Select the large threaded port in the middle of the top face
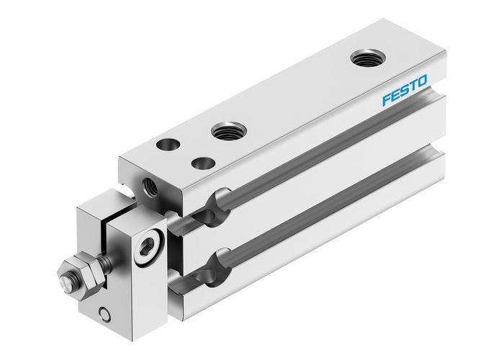click(228, 132)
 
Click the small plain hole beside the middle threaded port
click(205, 163)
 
